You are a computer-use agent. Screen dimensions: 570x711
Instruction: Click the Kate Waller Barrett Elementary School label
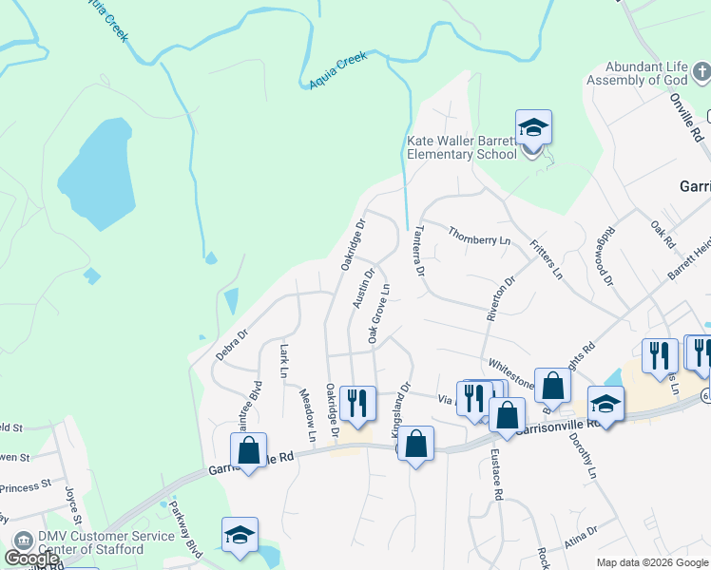(x=462, y=147)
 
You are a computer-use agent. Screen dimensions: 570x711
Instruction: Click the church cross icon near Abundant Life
(x=700, y=71)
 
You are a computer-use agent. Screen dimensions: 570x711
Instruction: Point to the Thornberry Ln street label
(x=479, y=236)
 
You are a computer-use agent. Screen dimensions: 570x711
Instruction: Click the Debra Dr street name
(x=231, y=344)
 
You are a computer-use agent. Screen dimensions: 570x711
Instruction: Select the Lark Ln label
(x=283, y=361)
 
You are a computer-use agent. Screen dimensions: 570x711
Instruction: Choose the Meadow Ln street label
(x=307, y=415)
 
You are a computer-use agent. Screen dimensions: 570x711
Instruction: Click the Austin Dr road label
(x=359, y=287)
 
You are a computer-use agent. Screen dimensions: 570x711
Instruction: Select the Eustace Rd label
(x=496, y=476)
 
